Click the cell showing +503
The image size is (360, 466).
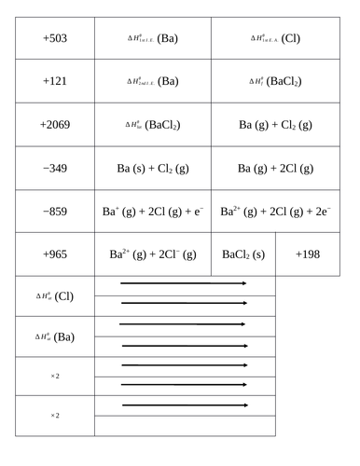[55, 39]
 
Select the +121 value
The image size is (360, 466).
[55, 81]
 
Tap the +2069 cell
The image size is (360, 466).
[55, 124]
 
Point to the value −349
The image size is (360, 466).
[55, 168]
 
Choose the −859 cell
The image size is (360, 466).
[55, 212]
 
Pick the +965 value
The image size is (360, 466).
[55, 254]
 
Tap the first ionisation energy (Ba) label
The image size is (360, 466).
[153, 39]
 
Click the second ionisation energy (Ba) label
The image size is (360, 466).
[153, 81]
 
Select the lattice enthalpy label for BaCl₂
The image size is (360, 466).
[153, 124]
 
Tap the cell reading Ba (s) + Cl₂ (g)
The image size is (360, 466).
[153, 168]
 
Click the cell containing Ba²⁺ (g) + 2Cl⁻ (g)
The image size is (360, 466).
[153, 254]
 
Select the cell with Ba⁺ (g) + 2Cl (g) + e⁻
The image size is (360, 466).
[153, 212]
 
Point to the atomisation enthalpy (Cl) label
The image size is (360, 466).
[55, 296]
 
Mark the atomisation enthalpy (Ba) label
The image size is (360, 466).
[55, 336]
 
